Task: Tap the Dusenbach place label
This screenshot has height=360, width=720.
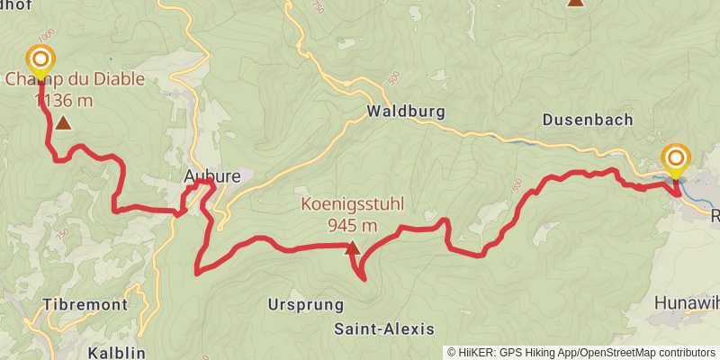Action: pos(589,119)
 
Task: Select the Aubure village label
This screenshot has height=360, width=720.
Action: pos(211,176)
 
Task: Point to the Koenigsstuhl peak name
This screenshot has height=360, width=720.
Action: pos(352,205)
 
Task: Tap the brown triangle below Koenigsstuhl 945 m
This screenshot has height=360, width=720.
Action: pos(352,247)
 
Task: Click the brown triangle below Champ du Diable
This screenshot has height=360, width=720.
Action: pos(63,121)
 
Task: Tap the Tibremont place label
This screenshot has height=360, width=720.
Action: pos(84,304)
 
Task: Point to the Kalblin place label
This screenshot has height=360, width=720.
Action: pos(118,353)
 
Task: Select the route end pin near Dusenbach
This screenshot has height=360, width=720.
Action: pos(676,160)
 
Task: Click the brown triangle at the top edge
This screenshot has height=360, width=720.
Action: pos(575,3)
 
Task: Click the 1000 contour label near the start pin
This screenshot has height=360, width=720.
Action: pos(47,32)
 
